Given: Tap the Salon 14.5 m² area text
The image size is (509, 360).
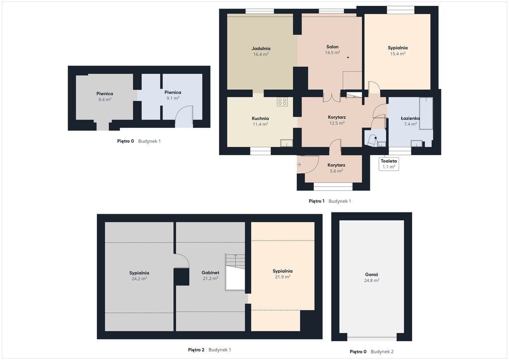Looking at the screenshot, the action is coord(333,53).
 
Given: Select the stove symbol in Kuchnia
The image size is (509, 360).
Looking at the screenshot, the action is coord(282,101).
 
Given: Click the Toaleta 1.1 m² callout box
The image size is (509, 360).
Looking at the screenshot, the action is coord(389,164).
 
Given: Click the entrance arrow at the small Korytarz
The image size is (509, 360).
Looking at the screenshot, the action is coord(299,165).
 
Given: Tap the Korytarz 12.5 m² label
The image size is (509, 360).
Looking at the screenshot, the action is coord(337,120).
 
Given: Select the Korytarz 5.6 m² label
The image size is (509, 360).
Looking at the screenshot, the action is coord(337,168).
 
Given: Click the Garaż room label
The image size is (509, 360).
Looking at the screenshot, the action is coord(372,277).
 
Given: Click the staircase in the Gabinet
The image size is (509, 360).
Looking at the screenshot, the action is coord(235,272).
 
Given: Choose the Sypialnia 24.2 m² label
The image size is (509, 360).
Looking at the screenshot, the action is coord(139,275).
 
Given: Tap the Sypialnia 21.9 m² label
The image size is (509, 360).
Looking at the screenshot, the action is coord(282,273).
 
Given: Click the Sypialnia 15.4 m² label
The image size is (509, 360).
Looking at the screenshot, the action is coord(398,50).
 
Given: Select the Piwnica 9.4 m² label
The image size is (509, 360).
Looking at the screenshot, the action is coord(105,96).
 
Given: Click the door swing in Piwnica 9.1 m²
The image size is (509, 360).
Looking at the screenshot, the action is coord(184,116).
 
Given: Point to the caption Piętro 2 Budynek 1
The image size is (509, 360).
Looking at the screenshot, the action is coord(209,350).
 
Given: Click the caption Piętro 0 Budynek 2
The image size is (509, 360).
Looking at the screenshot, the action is coord(371,352).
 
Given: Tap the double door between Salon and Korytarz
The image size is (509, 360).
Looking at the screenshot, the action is coord(332,97).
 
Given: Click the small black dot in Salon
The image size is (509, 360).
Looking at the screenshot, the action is coord(348,58).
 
